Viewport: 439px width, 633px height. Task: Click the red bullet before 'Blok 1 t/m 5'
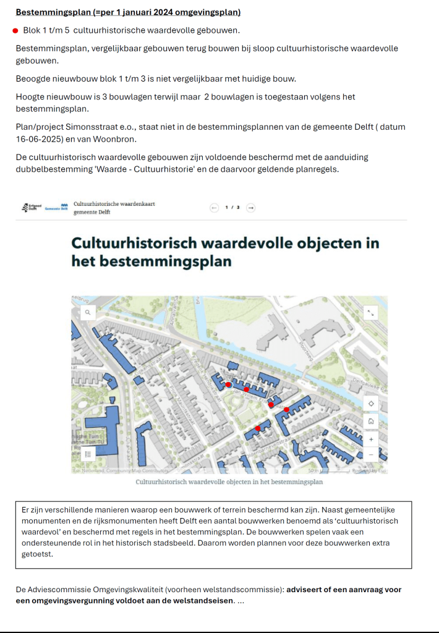pyautogui.click(x=15, y=30)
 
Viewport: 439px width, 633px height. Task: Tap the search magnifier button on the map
pyautogui.click(x=88, y=313)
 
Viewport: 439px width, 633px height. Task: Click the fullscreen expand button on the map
pyautogui.click(x=371, y=313)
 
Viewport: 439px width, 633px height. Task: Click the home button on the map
pyautogui.click(x=371, y=422)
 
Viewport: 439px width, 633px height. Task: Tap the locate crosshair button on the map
pyautogui.click(x=371, y=404)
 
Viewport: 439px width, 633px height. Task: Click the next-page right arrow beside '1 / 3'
pyautogui.click(x=250, y=208)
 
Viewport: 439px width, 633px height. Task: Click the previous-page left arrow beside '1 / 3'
pyautogui.click(x=215, y=208)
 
